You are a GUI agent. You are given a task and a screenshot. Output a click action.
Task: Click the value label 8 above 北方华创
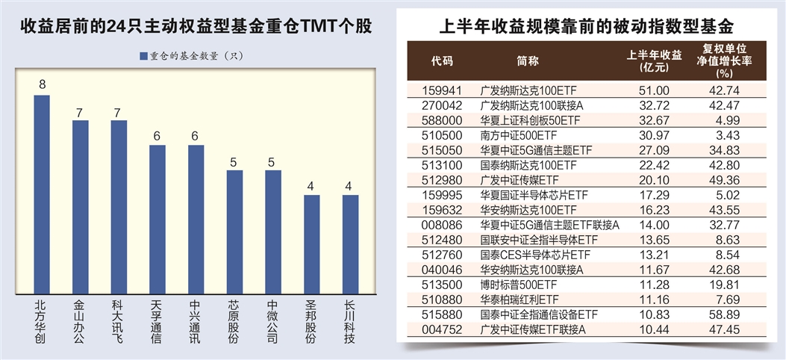pyautogui.click(x=43, y=84)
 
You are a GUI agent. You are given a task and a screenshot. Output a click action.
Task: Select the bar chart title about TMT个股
pyautogui.click(x=196, y=28)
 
